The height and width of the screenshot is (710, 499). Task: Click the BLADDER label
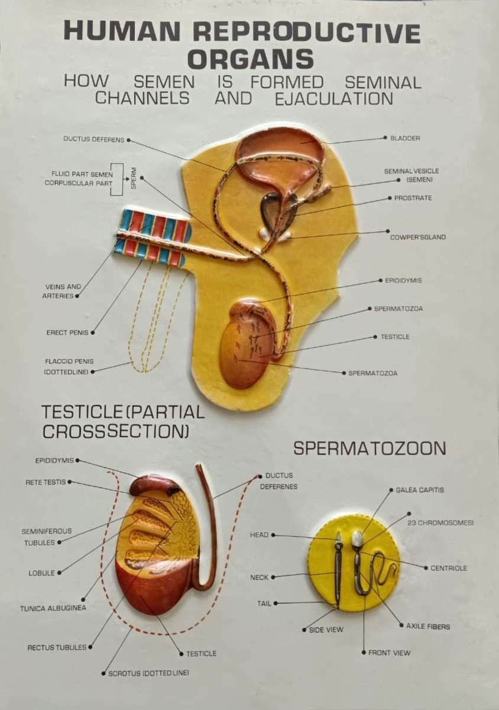405,138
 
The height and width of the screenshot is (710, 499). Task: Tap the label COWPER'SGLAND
418,237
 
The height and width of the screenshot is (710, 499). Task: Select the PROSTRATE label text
413,198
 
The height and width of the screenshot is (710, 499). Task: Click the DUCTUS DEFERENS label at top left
94,140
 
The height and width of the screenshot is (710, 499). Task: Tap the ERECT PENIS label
67,333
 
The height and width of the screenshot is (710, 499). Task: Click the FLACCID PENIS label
69,366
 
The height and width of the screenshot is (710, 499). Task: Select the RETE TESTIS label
46,482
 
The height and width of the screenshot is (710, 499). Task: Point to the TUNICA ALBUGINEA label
53,608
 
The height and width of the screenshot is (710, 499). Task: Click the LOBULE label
41,573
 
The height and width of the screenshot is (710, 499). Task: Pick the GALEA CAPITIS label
420,490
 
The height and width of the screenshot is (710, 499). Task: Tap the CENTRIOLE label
449,568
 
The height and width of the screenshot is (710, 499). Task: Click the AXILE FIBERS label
428,626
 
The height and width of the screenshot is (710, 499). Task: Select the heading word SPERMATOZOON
370,448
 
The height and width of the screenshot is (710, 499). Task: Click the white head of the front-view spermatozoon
357,538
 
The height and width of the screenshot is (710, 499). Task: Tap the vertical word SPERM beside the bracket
134,177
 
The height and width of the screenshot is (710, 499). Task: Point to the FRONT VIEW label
389,653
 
